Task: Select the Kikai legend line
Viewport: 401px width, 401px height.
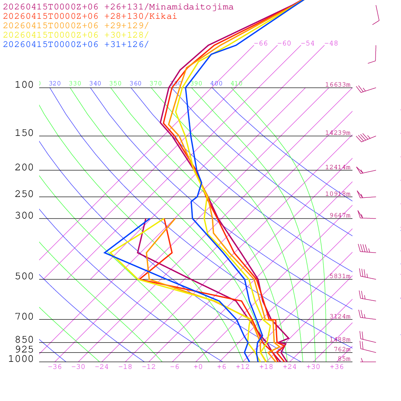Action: [90, 16]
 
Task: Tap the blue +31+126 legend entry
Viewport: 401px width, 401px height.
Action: [76, 44]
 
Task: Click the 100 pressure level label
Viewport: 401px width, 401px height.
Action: [24, 85]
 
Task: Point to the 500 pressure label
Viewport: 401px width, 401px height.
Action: [24, 276]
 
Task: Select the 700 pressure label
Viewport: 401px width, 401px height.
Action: [24, 317]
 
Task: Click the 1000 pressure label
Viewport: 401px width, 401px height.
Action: [21, 359]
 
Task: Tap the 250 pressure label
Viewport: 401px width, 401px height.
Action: [24, 194]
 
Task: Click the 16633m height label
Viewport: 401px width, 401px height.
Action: [338, 85]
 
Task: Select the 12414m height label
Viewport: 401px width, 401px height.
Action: [338, 167]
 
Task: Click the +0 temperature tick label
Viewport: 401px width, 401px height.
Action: [198, 367]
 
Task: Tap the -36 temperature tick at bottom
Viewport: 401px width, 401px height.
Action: [54, 367]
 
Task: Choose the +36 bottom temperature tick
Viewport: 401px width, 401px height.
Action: [337, 367]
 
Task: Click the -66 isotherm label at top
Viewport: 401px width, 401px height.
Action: [261, 43]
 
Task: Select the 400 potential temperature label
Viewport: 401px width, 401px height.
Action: [216, 83]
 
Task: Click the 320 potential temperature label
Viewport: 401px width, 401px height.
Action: [55, 83]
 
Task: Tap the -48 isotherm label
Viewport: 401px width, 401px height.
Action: [331, 43]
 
